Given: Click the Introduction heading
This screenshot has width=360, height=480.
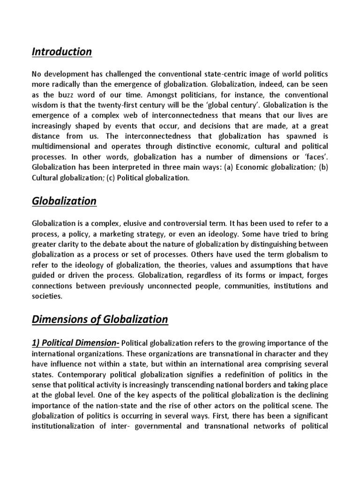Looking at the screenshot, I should point(61,52).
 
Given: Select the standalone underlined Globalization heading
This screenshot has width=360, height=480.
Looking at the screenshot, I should point(64,201).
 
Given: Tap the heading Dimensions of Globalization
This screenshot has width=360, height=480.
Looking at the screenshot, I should point(99,320).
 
